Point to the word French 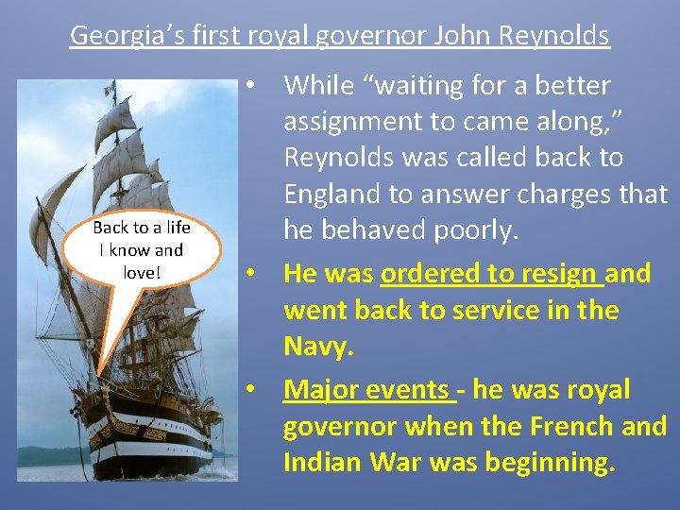tap(561, 426)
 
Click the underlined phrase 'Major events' tap(365, 389)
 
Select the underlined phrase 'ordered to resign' tap(490, 273)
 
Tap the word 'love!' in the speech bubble tap(142, 272)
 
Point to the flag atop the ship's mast tap(110, 89)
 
